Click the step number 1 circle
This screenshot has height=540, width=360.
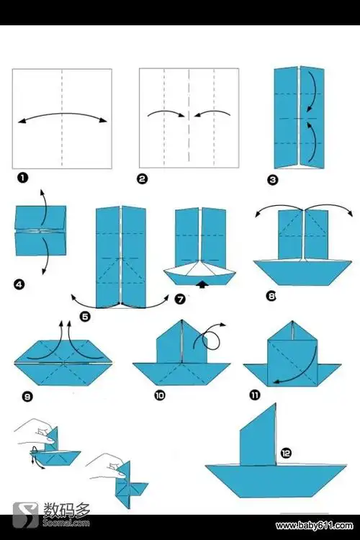click(22, 178)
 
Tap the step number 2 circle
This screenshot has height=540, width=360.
click(142, 179)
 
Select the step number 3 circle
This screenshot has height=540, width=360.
click(272, 179)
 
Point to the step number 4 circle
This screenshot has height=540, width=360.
click(19, 284)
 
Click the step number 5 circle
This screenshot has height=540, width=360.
click(85, 317)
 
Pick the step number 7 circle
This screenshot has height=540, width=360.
click(180, 299)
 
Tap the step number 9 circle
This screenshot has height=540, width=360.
click(27, 397)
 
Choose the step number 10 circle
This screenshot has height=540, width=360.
click(160, 395)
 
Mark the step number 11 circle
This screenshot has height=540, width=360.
click(255, 395)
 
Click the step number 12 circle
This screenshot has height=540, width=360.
click(286, 453)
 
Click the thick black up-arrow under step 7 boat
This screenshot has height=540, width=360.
click(203, 284)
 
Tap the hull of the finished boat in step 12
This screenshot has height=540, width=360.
click(276, 480)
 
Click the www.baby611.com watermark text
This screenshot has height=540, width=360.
click(314, 526)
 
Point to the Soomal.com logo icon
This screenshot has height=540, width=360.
click(25, 516)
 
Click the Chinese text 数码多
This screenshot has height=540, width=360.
click(66, 510)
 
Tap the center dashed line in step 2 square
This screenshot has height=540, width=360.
click(189, 115)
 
